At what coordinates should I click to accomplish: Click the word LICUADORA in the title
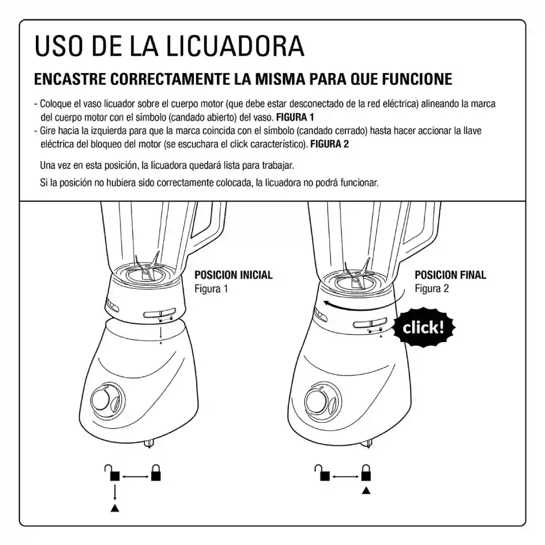234,46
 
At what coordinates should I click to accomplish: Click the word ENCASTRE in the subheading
70,79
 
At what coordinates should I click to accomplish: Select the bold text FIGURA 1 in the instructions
295,118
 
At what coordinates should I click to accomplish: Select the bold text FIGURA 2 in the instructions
330,144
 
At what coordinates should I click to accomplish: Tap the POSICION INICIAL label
234,275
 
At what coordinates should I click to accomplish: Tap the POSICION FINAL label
451,275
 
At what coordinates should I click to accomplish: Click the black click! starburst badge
423,328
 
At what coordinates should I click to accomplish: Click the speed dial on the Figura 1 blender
107,401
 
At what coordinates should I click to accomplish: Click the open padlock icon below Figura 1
112,473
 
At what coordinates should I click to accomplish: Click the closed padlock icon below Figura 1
156,473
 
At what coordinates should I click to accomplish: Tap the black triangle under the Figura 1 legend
114,508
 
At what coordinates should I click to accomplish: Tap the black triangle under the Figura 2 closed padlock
366,491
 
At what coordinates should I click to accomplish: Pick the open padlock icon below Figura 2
322,473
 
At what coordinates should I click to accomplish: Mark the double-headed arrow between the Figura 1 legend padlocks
135,476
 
